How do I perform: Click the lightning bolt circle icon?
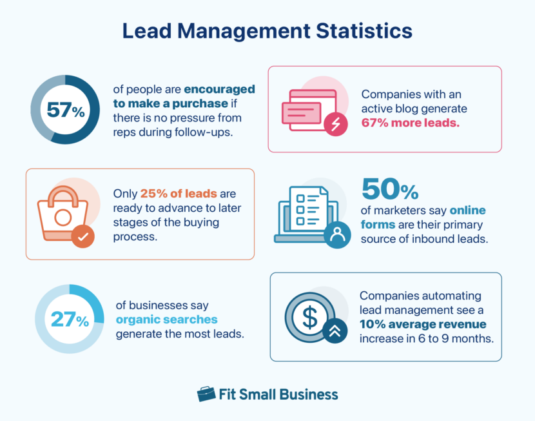point(335,123)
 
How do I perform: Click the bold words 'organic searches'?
point(166,319)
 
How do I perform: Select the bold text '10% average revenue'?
point(423,324)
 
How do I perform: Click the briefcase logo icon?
point(206,394)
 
